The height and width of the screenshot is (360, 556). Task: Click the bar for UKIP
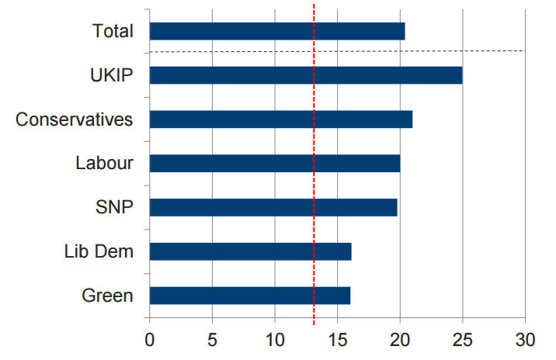[x=305, y=75]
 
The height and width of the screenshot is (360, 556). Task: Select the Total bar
[x=276, y=31]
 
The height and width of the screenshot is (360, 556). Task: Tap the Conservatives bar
[x=280, y=119]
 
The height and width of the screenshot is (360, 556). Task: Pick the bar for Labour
[x=274, y=163]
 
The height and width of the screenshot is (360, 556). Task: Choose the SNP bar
[x=273, y=207]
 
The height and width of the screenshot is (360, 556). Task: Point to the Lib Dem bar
[x=250, y=251]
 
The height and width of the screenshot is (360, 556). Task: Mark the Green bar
[x=249, y=296]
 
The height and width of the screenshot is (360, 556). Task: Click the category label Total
[x=113, y=31]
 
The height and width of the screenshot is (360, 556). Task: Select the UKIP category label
[x=112, y=75]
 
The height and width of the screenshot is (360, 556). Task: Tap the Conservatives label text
[x=75, y=119]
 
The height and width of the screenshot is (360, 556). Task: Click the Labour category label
[x=104, y=163]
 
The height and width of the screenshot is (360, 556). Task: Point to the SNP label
[x=114, y=207]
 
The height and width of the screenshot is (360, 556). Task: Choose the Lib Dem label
[x=99, y=251]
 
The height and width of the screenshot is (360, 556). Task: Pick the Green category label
[x=107, y=296]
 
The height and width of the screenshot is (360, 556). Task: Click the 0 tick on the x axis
[x=149, y=339]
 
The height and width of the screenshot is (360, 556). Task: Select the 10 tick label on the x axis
[x=274, y=339]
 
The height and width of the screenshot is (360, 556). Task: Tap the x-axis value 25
[x=462, y=339]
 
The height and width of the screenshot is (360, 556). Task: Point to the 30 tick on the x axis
[x=525, y=339]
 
